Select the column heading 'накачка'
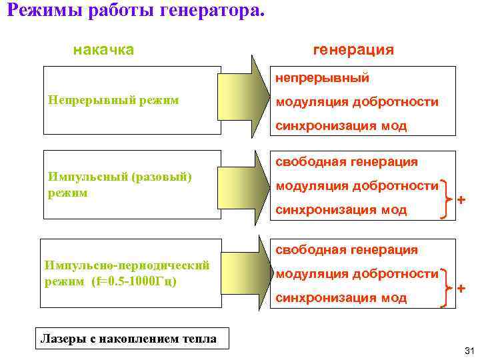pyautogui.click(x=103, y=50)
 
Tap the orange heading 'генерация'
pyautogui.click(x=353, y=50)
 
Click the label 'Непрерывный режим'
pyautogui.click(x=114, y=100)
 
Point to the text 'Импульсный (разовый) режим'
pyautogui.click(x=120, y=185)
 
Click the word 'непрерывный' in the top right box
pyautogui.click(x=323, y=79)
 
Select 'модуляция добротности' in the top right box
pyautogui.click(x=357, y=102)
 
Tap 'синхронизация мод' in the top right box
pyautogui.click(x=341, y=126)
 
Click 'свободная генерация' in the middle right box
pyautogui.click(x=347, y=161)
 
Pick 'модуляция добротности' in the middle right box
pyautogui.click(x=357, y=185)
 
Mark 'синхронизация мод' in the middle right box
pyautogui.click(x=341, y=209)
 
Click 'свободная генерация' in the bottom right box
pyautogui.click(x=347, y=249)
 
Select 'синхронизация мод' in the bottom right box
pyautogui.click(x=341, y=297)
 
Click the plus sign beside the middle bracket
pyautogui.click(x=461, y=199)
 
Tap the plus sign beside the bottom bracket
pyautogui.click(x=461, y=287)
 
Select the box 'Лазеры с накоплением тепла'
pyautogui.click(x=129, y=339)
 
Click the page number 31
pyautogui.click(x=467, y=351)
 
